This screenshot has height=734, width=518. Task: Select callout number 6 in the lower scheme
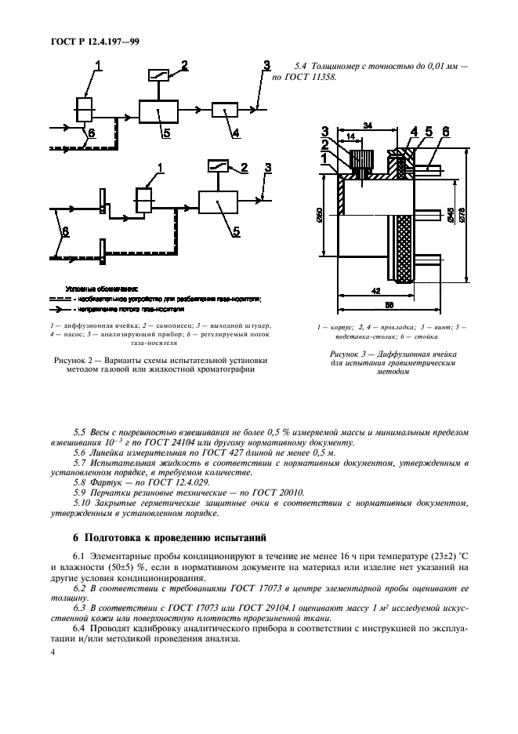pos(65,232)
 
